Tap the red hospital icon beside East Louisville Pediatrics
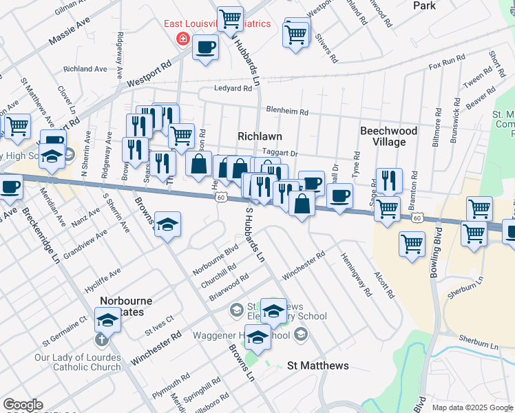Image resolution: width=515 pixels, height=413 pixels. pyautogui.click(x=182, y=39)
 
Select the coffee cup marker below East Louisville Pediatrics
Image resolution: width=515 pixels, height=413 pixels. pyautogui.click(x=206, y=48)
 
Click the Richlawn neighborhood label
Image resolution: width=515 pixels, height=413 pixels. pyautogui.click(x=260, y=136)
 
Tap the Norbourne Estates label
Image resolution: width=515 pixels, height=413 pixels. pyautogui.click(x=123, y=306)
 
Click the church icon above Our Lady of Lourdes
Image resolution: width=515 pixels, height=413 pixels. pyautogui.click(x=101, y=339)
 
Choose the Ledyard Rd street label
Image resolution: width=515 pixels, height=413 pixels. pyautogui.click(x=233, y=89)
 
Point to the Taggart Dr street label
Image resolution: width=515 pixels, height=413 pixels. pyautogui.click(x=279, y=154)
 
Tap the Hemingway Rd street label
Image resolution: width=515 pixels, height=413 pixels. pyautogui.click(x=355, y=273)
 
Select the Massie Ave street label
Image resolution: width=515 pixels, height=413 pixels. pyautogui.click(x=70, y=32)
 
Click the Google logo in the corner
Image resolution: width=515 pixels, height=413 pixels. pyautogui.click(x=23, y=405)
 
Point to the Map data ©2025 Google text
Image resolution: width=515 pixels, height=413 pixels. pyautogui.click(x=473, y=407)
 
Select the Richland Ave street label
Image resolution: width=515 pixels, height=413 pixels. pyautogui.click(x=85, y=69)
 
